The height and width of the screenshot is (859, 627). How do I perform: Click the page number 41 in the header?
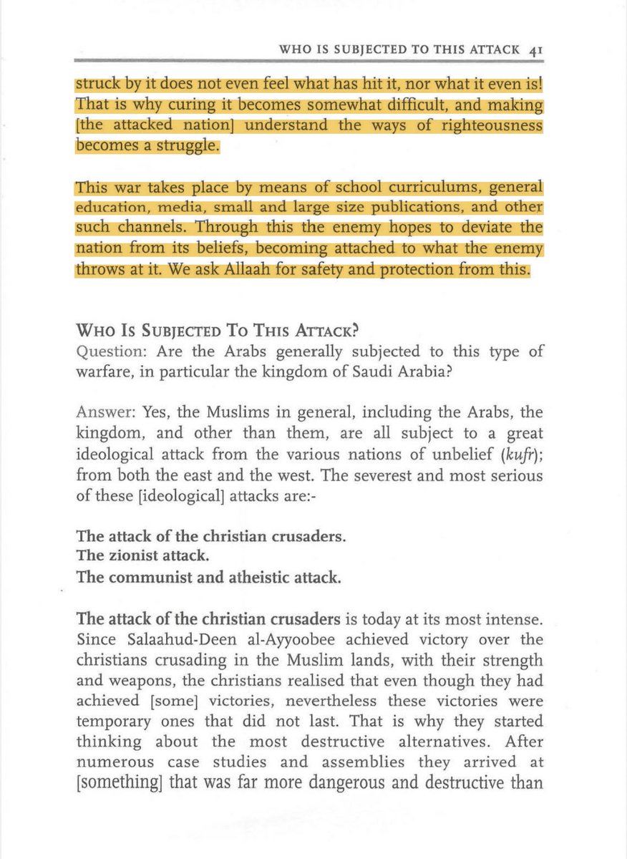coord(539,51)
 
